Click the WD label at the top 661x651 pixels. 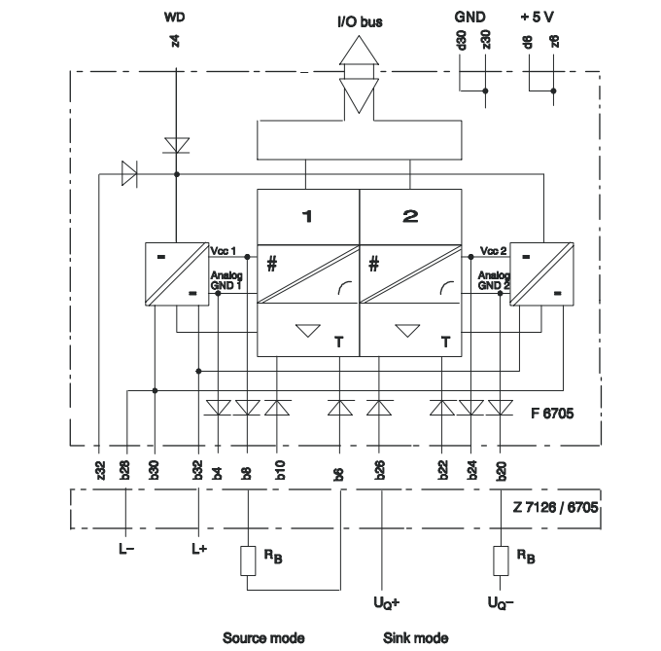[176, 17]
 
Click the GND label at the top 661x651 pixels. [471, 17]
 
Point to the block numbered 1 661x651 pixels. [307, 216]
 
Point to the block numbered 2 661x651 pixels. [410, 216]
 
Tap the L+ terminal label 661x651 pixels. [199, 550]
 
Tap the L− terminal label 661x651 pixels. [127, 550]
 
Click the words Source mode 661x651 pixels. [262, 637]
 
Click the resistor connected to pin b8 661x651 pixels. [248, 562]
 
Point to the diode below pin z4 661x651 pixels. [176, 145]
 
